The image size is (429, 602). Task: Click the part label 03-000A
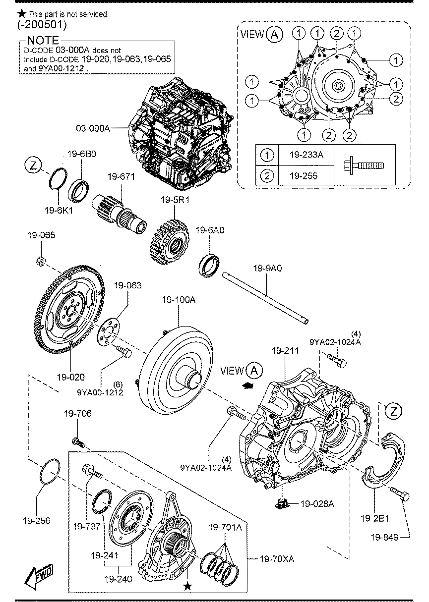(92, 128)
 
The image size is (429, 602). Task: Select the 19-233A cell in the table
(306, 155)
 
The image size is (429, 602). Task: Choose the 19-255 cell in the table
(306, 176)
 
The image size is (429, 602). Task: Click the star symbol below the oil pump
(187, 586)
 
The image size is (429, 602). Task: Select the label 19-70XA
(277, 559)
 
